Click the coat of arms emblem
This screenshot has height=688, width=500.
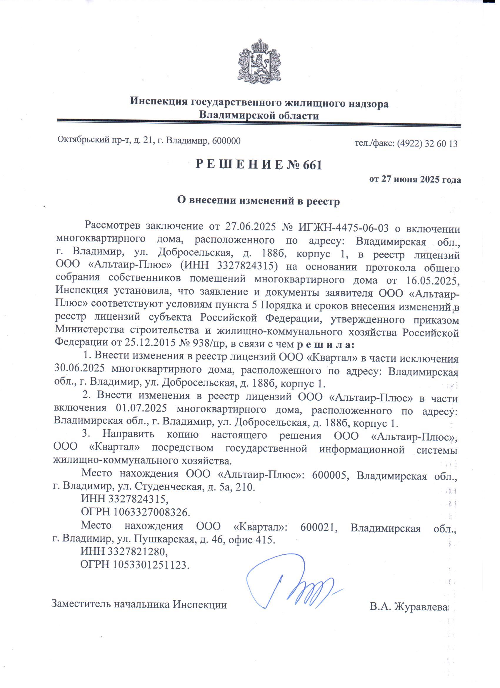pyautogui.click(x=259, y=62)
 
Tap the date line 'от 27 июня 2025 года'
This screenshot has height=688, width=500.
pyautogui.click(x=415, y=180)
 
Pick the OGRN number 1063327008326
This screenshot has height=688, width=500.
pyautogui.click(x=152, y=512)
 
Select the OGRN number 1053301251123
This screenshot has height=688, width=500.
pyautogui.click(x=151, y=564)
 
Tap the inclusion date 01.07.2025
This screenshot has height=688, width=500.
pyautogui.click(x=141, y=408)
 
